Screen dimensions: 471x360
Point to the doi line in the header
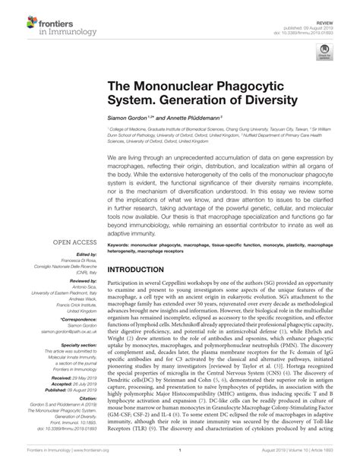311,19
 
